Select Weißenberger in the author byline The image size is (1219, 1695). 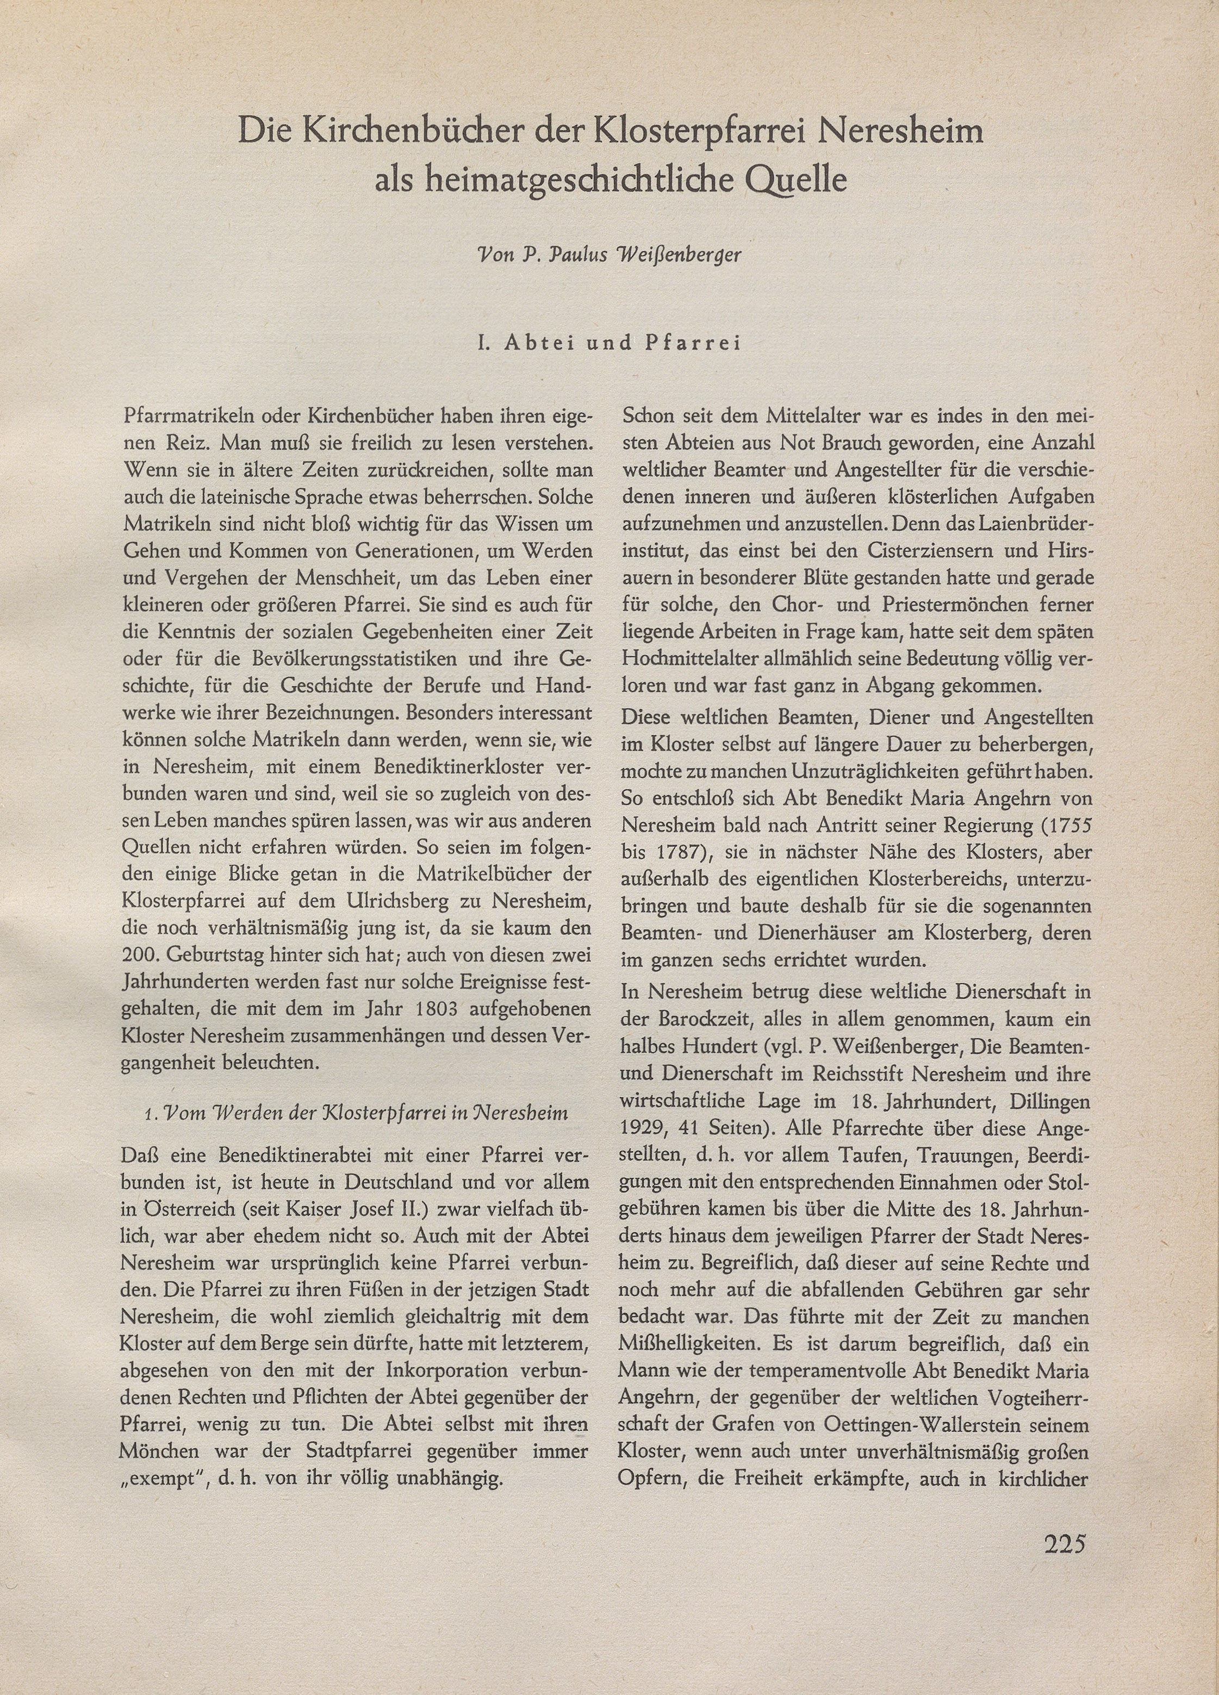(x=687, y=255)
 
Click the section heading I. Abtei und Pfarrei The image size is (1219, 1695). (x=608, y=343)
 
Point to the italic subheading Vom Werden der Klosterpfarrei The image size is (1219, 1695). (x=355, y=1113)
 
